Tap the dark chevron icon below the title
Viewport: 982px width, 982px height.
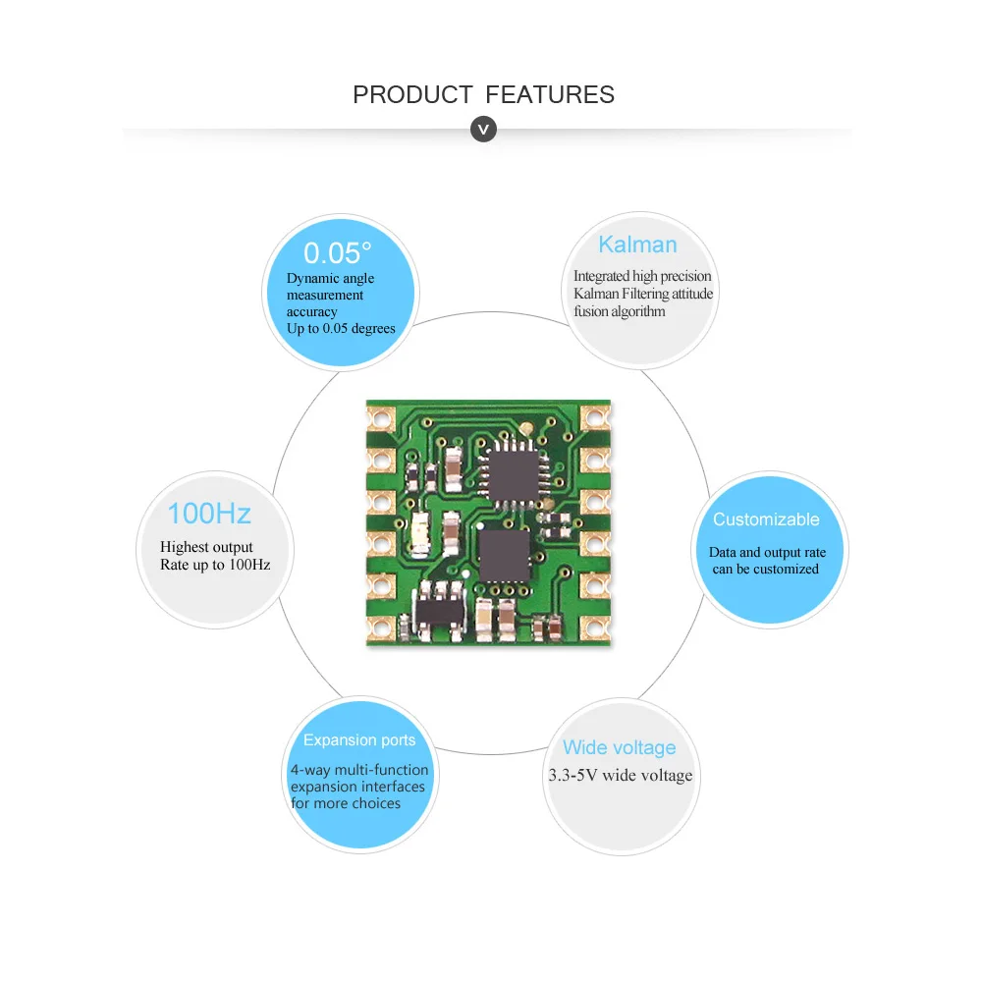[483, 129]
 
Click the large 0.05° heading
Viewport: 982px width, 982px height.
[337, 253]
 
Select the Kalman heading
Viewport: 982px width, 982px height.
[637, 245]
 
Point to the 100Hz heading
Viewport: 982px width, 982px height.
[208, 514]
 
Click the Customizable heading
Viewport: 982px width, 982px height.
[766, 519]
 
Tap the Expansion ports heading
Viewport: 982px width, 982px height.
[359, 740]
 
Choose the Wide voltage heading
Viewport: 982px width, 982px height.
[619, 748]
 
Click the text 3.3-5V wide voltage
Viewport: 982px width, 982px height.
[620, 776]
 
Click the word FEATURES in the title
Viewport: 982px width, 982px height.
[550, 95]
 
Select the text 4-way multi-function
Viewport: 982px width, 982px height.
[359, 770]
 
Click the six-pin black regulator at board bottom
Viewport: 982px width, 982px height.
[441, 605]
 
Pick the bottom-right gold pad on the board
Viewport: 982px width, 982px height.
[595, 627]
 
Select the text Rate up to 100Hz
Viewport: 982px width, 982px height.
[215, 565]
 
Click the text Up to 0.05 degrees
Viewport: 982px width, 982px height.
[341, 328]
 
